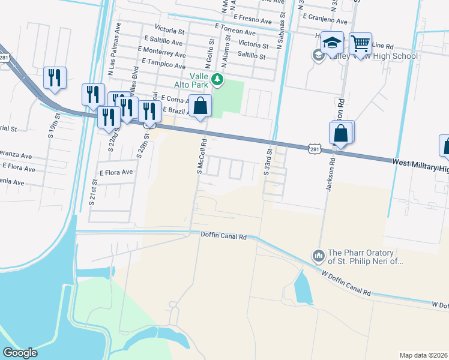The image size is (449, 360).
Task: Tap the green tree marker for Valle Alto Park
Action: pyautogui.click(x=217, y=79)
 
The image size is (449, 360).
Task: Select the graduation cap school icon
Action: pyautogui.click(x=332, y=43)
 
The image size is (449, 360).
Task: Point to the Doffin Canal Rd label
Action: pyautogui.click(x=223, y=237)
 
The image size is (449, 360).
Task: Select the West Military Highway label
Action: pyautogui.click(x=420, y=166)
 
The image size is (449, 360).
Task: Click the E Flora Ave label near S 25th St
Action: pyautogui.click(x=116, y=172)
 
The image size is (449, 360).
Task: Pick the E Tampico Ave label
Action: pyautogui.click(x=164, y=62)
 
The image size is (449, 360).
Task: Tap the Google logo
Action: pyautogui.click(x=20, y=353)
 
